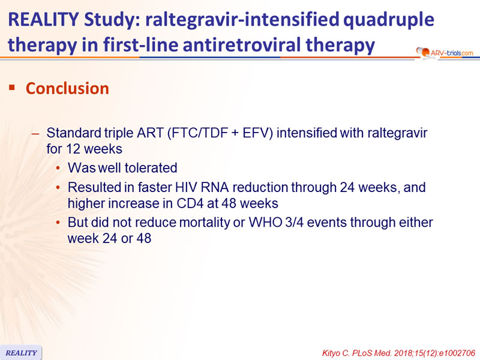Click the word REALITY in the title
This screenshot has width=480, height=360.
pos(43,19)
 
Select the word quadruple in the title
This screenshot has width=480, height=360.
pos(389,20)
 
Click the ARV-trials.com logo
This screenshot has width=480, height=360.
pos(445,53)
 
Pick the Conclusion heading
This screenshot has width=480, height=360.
pos(67,88)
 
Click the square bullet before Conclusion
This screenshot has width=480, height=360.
pos(12,88)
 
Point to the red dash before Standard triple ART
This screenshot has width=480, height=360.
pos(35,134)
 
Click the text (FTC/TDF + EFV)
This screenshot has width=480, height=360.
pos(220,133)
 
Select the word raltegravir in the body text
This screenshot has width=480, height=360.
pos(397,133)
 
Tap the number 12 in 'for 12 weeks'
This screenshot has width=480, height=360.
pos(73,149)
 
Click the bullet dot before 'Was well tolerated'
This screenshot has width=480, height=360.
pos(58,168)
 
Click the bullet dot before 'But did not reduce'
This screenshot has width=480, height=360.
pos(58,223)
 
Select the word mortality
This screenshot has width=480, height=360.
pos(204,223)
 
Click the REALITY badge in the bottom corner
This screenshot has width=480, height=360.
pos(21,353)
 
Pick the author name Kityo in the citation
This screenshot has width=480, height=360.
pos(331,353)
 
